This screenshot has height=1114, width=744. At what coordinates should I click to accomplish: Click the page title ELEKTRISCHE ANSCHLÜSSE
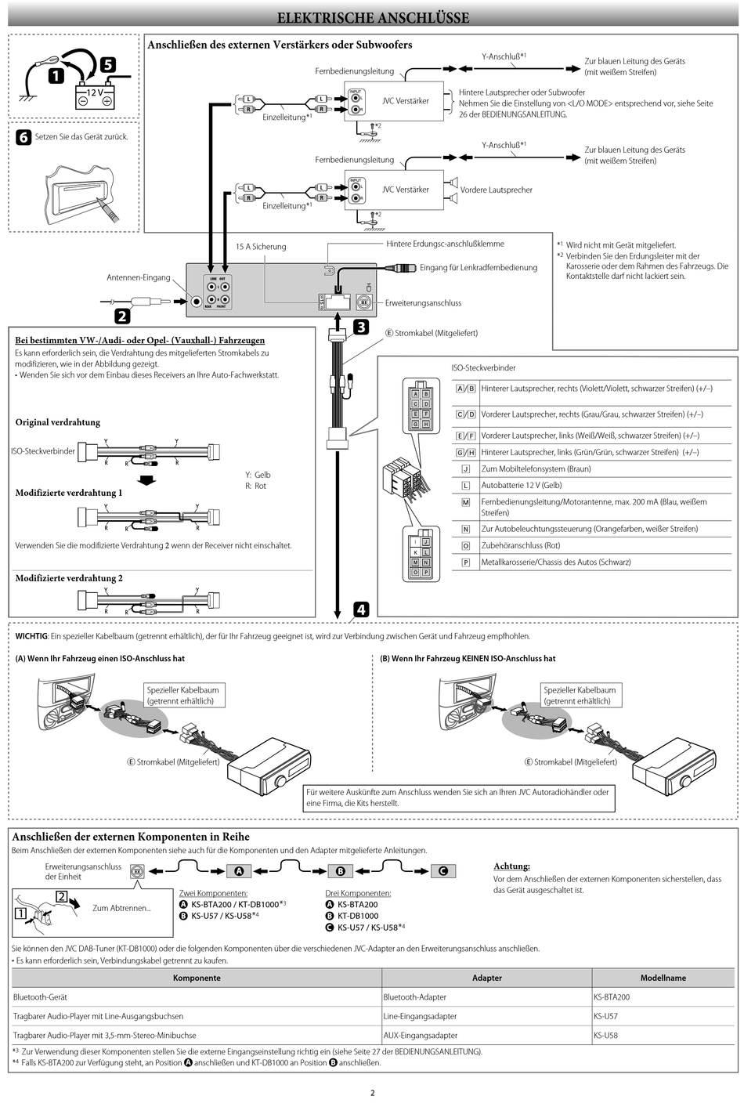tap(373, 17)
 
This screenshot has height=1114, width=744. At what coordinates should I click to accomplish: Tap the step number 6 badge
tap(23, 137)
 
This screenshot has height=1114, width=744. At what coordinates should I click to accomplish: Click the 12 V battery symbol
tap(95, 96)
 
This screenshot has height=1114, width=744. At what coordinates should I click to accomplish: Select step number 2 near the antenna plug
tap(122, 316)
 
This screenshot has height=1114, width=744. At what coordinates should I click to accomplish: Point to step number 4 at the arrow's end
tap(360, 609)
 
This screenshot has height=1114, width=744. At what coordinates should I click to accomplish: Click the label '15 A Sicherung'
tap(261, 247)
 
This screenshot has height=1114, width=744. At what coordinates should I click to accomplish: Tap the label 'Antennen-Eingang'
tap(138, 277)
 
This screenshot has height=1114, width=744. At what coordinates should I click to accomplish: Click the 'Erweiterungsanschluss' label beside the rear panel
tap(423, 303)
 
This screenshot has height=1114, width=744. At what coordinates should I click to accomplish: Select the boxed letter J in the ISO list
tap(465, 469)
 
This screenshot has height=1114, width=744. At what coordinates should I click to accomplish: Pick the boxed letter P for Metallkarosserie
tap(465, 562)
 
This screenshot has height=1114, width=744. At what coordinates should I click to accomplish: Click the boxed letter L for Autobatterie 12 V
tap(465, 486)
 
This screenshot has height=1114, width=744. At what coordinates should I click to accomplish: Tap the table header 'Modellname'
tap(663, 978)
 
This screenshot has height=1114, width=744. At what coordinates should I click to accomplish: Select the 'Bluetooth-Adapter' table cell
tap(414, 997)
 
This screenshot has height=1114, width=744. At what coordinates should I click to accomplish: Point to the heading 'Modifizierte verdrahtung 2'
tap(69, 578)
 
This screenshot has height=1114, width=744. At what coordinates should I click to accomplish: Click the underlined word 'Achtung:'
tap(511, 866)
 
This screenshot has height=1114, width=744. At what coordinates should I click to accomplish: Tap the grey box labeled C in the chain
tap(442, 871)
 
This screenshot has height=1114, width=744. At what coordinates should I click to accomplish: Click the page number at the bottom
tap(373, 1093)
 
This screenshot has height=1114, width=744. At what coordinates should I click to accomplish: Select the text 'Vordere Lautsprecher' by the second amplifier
tap(496, 190)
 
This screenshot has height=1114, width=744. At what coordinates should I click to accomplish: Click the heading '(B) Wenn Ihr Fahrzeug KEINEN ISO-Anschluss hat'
tap(468, 659)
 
